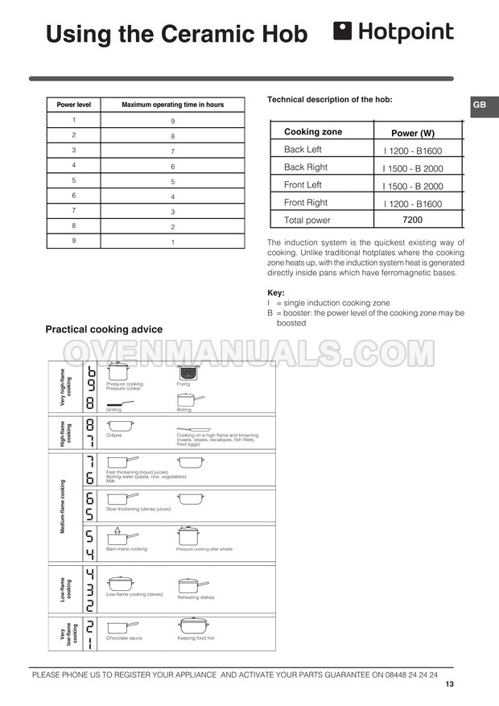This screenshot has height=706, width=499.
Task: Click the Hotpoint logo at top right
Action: pyautogui.click(x=393, y=32)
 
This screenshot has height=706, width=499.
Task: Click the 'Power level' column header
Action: pyautogui.click(x=74, y=105)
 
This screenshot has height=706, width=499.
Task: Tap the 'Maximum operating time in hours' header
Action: pyautogui.click(x=172, y=105)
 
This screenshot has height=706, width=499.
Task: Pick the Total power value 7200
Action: pyautogui.click(x=412, y=219)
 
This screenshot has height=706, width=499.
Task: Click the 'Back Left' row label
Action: pyautogui.click(x=303, y=150)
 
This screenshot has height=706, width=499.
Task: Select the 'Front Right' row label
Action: pyautogui.click(x=306, y=203)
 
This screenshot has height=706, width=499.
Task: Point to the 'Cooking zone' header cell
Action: pyautogui.click(x=313, y=132)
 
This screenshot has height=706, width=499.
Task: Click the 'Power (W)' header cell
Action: pyautogui.click(x=412, y=133)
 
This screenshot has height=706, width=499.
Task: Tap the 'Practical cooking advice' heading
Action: pyautogui.click(x=104, y=329)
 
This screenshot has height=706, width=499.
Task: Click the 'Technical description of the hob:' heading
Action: pyautogui.click(x=329, y=99)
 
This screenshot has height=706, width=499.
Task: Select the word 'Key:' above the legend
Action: pyautogui.click(x=275, y=292)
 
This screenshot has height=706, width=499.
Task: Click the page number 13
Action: pyautogui.click(x=449, y=684)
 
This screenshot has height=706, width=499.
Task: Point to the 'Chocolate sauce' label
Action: pyautogui.click(x=124, y=638)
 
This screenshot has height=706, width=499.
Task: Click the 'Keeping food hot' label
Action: pyautogui.click(x=196, y=638)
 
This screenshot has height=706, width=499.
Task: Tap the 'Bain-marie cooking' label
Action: pyautogui.click(x=126, y=549)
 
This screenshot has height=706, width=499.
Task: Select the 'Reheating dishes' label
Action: pyautogui.click(x=196, y=597)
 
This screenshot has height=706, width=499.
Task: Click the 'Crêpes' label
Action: pyautogui.click(x=113, y=435)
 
